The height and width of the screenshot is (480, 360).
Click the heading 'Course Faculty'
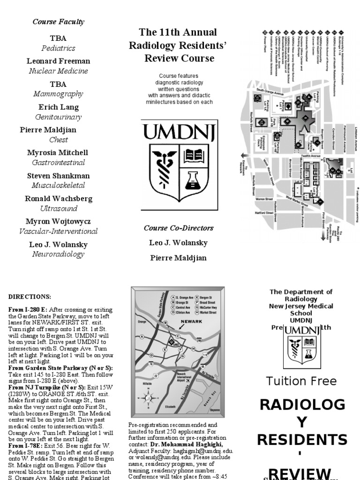pyautogui.click(x=59, y=22)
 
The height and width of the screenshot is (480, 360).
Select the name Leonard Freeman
pyautogui.click(x=59, y=61)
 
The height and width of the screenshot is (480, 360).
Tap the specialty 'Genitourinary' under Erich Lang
pyautogui.click(x=59, y=117)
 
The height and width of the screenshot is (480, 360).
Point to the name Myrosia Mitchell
pyautogui.click(x=59, y=153)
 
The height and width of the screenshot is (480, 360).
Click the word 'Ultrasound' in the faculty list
pyautogui.click(x=59, y=208)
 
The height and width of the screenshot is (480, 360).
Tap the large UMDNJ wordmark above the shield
pyautogui.click(x=179, y=133)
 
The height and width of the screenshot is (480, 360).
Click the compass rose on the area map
pyautogui.click(x=148, y=398)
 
